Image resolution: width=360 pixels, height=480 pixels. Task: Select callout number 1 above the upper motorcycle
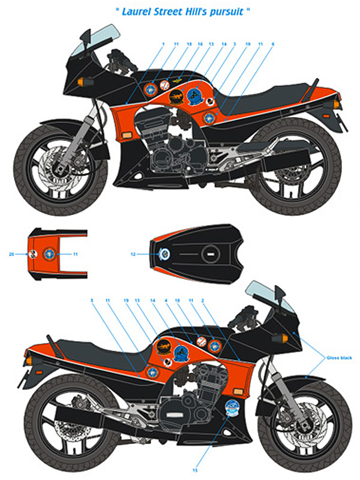click(163, 44)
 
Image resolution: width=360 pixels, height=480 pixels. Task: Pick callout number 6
click(274, 44)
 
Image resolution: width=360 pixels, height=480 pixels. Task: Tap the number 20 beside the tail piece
click(11, 254)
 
